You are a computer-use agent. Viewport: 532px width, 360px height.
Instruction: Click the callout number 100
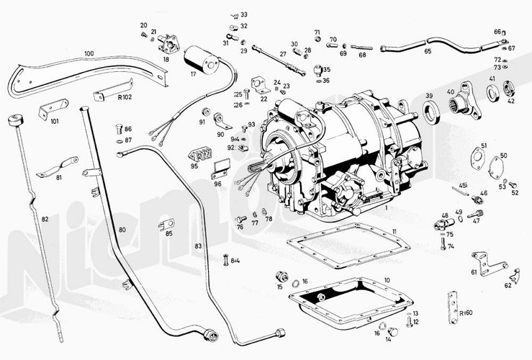click(x=89, y=53)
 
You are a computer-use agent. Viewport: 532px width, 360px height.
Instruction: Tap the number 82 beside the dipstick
click(x=45, y=218)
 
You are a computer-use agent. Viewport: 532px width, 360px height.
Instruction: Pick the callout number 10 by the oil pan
click(x=387, y=280)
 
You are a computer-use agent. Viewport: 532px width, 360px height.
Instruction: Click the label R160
click(x=464, y=315)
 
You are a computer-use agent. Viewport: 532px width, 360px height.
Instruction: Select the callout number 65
click(x=428, y=52)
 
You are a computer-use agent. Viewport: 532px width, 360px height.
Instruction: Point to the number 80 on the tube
click(x=122, y=230)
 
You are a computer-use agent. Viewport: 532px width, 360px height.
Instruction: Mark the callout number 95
click(x=194, y=166)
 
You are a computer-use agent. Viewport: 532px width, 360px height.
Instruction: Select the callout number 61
click(x=473, y=272)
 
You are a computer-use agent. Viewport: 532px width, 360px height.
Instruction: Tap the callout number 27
click(x=283, y=54)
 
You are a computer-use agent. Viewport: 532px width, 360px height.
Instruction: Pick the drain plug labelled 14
click(x=394, y=332)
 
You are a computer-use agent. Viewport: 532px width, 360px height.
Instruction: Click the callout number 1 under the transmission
click(x=386, y=207)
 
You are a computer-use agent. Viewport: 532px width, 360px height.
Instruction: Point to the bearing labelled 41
click(x=493, y=93)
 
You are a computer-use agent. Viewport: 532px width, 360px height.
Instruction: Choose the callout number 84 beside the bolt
click(x=235, y=261)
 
